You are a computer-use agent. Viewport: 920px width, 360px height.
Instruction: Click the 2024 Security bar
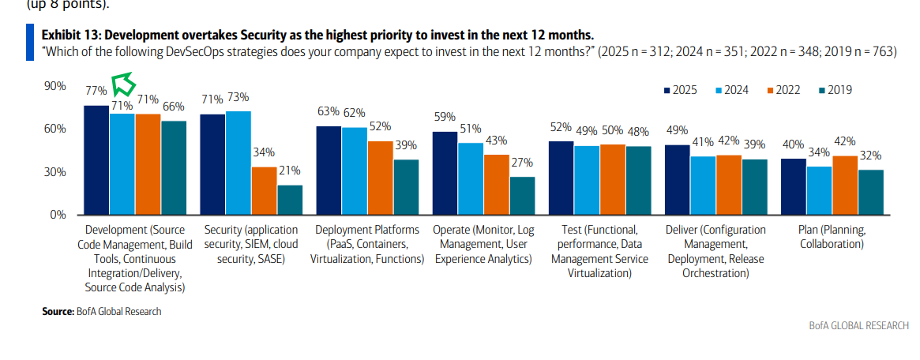[x=238, y=163]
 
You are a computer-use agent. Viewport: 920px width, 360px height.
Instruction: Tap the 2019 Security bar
[x=290, y=200]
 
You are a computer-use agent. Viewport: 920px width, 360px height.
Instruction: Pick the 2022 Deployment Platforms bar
[x=380, y=178]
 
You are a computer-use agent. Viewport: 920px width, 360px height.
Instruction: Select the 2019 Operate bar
[x=522, y=195]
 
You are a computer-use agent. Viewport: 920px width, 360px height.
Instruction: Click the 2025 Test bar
[x=561, y=178]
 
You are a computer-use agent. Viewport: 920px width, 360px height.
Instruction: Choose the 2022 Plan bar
[x=844, y=185]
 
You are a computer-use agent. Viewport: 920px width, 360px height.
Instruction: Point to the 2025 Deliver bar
[x=677, y=179]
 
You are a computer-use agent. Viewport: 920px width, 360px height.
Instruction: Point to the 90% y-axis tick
[x=54, y=86]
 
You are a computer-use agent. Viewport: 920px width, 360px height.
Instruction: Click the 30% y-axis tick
[x=54, y=172]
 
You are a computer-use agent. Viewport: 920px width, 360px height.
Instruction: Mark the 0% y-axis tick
[x=58, y=215]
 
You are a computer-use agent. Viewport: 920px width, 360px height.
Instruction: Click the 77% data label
[x=96, y=90]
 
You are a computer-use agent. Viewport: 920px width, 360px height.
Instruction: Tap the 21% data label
[x=290, y=171]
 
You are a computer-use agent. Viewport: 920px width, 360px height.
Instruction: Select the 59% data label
[x=445, y=117]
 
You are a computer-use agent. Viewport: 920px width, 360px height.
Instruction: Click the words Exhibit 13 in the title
[x=69, y=36]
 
